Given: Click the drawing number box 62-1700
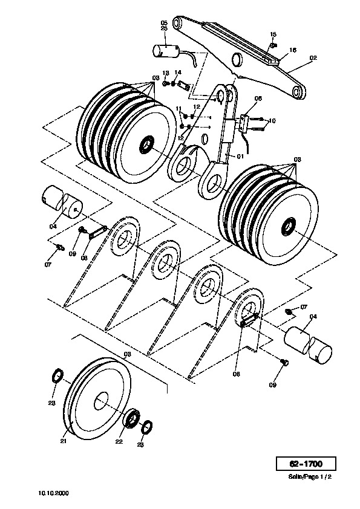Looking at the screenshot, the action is [306, 463].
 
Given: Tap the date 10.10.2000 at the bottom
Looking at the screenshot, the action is [54, 493].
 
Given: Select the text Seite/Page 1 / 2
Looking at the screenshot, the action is [310, 477].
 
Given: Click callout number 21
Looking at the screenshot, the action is [64, 441].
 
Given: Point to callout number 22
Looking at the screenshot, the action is [119, 441].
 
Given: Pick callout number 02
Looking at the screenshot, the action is [313, 58].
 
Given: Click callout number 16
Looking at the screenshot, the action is [292, 50].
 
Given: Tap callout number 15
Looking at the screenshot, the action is [273, 34].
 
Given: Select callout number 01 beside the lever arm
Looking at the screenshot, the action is [240, 157].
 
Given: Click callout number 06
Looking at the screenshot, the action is [258, 99].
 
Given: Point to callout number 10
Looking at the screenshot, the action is [272, 121].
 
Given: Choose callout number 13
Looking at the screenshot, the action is [166, 73].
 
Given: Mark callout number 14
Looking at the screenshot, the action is [178, 73].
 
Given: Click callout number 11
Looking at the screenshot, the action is [178, 108].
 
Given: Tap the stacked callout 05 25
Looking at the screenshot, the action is [164, 25].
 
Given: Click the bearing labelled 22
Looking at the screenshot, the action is [133, 420].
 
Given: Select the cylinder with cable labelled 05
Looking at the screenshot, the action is [166, 51].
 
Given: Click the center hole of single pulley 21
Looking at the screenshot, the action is [102, 401].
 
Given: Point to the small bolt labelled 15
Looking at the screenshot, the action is [273, 45].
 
